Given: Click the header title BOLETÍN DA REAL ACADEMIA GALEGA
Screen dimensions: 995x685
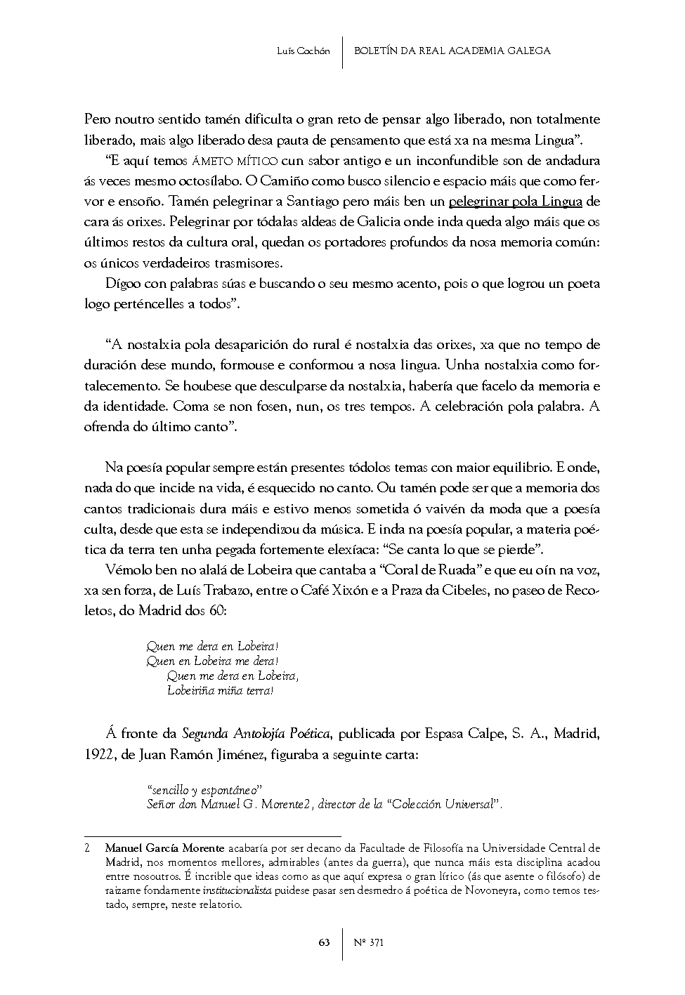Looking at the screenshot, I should click(x=452, y=51).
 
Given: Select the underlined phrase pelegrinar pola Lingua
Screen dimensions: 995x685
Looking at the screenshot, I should click(x=515, y=202).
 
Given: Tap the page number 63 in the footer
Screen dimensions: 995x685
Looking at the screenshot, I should click(x=324, y=942).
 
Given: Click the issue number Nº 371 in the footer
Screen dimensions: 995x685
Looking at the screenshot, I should click(x=370, y=942).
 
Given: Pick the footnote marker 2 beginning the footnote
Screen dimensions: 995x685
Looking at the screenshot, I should click(x=86, y=848).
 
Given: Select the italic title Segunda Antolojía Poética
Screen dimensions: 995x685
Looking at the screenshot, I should click(x=256, y=734).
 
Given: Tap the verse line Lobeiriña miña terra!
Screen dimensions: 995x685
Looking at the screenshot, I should click(x=220, y=690).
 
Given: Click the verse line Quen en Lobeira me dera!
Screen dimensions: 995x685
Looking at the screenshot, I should click(x=212, y=661).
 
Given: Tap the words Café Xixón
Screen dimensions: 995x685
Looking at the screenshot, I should click(x=323, y=590).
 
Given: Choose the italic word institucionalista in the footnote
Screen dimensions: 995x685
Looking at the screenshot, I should click(x=238, y=890).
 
